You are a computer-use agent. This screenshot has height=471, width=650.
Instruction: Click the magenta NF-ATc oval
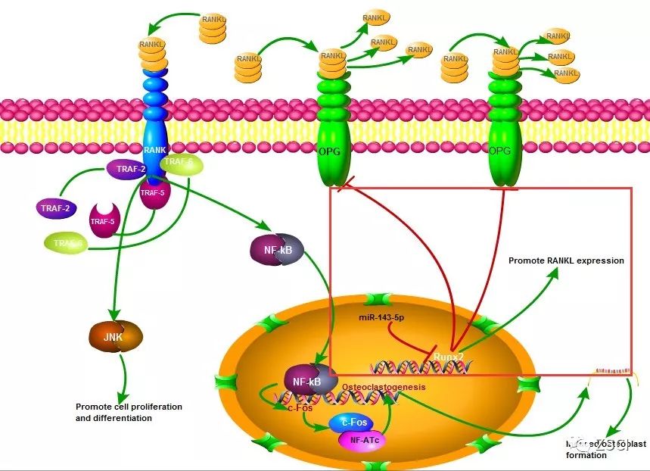coord(363,438)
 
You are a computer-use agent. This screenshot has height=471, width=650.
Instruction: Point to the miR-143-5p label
coord(382,317)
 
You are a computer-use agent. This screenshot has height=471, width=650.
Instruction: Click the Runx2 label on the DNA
coord(448,353)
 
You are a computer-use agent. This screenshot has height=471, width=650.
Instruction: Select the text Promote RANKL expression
coord(566,260)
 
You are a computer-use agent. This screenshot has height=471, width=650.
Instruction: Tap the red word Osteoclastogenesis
coord(384,386)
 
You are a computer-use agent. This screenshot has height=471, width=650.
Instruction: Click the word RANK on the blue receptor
coord(156,150)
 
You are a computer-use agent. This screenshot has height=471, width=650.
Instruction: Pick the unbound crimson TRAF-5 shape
coord(104,220)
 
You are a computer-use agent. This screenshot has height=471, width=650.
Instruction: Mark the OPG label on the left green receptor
coord(331,151)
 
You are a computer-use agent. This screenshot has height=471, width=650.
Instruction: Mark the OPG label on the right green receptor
coord(501,151)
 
